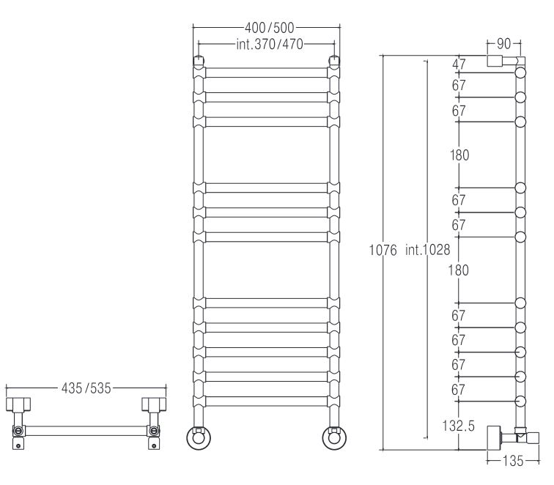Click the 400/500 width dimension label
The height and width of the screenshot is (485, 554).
269,28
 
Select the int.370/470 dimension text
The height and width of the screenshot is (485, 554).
270,44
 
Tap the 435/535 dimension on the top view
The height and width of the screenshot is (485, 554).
86,388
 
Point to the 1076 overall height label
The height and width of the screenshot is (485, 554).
383,250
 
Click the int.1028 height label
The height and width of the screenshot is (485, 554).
427,250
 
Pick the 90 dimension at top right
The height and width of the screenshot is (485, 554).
504,44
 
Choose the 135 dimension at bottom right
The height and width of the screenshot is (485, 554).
513,461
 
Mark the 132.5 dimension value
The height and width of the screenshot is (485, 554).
458,426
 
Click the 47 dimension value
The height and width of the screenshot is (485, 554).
459,64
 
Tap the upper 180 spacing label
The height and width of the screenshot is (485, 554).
459,155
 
